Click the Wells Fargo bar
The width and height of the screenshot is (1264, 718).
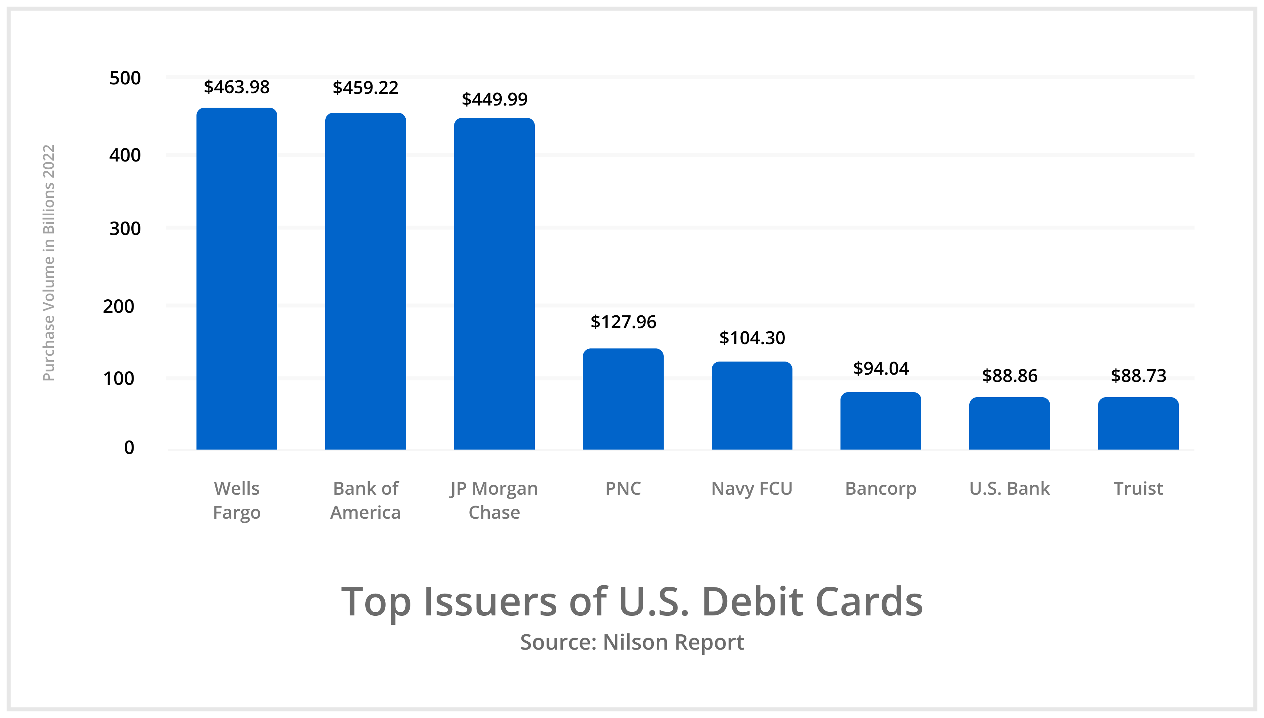[237, 279]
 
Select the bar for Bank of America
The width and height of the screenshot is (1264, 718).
[365, 281]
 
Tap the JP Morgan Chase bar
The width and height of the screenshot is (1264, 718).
[494, 284]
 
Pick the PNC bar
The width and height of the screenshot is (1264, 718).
[623, 399]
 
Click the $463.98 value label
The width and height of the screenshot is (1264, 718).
[237, 87]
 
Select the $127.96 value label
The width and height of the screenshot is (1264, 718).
[623, 322]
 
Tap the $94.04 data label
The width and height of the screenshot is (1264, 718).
[881, 368]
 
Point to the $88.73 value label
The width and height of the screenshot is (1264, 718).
[1138, 376]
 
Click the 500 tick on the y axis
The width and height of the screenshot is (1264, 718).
[125, 78]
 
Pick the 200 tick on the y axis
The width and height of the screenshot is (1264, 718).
[118, 306]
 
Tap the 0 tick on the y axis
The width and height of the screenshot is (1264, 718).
[129, 447]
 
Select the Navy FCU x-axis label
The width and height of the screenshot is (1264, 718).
[752, 488]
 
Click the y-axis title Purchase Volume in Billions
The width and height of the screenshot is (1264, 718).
[48, 262]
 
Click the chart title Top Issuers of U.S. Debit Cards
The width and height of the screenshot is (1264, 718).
[632, 602]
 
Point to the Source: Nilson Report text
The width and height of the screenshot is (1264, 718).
[632, 642]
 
